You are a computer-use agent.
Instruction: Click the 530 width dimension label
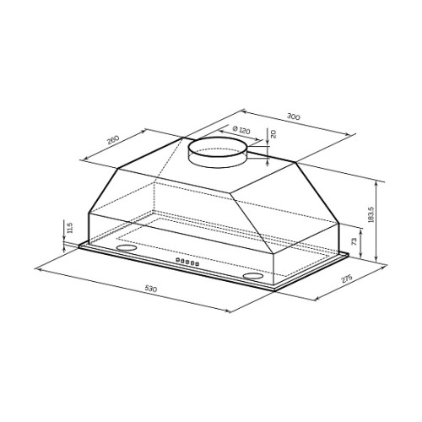tap(151, 289)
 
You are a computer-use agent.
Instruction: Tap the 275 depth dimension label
tap(347, 279)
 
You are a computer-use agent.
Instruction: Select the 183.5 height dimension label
tap(371, 215)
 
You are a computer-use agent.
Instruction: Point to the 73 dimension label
tap(354, 241)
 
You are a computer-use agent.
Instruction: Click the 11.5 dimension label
tap(70, 228)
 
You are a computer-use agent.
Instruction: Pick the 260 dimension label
tap(113, 139)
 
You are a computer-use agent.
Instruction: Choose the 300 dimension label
tap(294, 116)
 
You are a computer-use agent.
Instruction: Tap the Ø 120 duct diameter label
tap(241, 130)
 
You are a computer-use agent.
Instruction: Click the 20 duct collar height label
tap(273, 133)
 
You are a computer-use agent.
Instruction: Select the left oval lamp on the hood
tap(127, 248)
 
